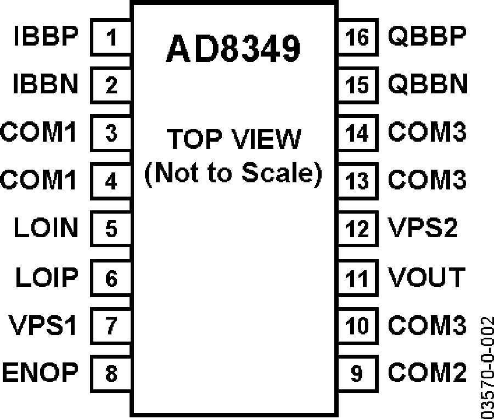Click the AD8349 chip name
[x=233, y=48]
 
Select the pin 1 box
[x=110, y=37]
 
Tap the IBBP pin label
[x=46, y=36]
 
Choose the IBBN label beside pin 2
[x=46, y=84]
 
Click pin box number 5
[x=110, y=228]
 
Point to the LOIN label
[x=46, y=227]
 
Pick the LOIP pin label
[x=47, y=277]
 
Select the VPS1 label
[x=42, y=325]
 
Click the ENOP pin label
[x=40, y=372]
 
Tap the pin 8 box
[x=110, y=373]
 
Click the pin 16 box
[x=358, y=37]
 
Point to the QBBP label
[x=427, y=36]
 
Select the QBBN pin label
[x=428, y=85]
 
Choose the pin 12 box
[x=358, y=228]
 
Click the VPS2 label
[x=423, y=227]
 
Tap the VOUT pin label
[x=426, y=277]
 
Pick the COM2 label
[x=427, y=372]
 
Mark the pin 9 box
[x=358, y=373]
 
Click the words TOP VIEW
[x=234, y=139]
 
